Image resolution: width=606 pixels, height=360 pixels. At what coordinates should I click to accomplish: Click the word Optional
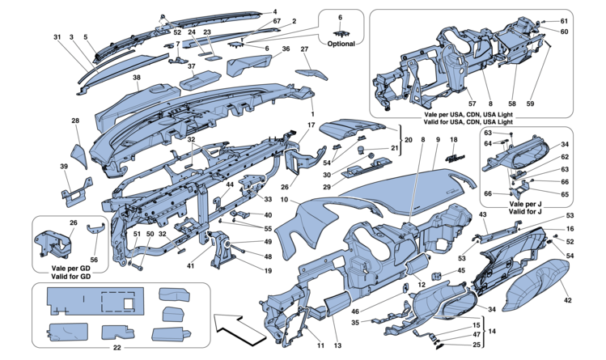click(344, 43)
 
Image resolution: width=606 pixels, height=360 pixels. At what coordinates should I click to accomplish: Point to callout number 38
click(137, 78)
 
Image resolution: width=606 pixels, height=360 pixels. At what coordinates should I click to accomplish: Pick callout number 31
click(58, 37)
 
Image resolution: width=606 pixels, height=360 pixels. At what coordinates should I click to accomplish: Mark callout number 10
click(284, 200)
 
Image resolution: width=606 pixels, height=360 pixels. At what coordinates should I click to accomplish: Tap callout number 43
click(482, 214)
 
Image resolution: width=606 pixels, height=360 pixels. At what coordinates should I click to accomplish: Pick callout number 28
click(74, 121)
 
